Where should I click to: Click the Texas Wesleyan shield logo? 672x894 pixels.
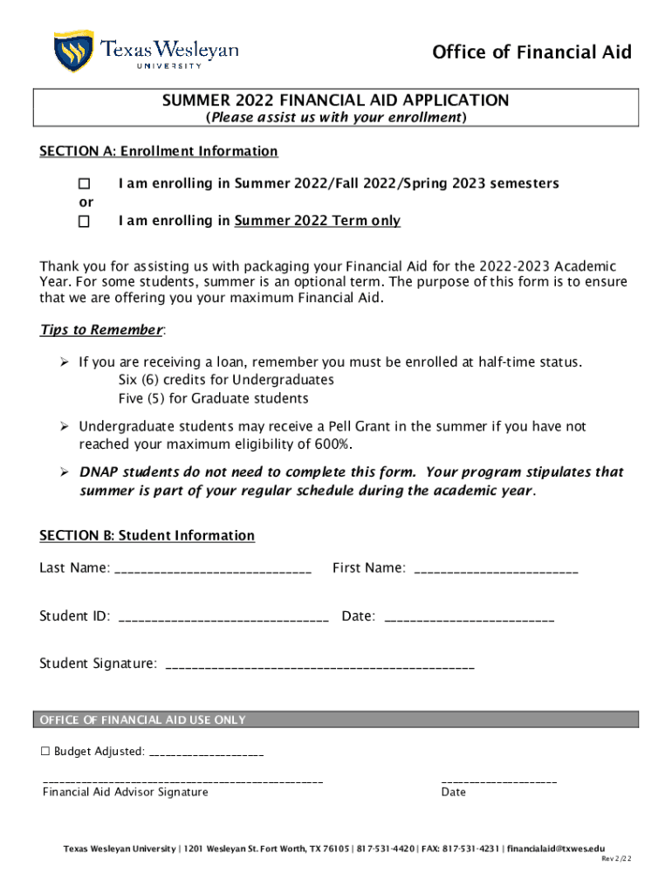[x=73, y=51]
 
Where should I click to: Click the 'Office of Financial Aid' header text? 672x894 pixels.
[x=531, y=53]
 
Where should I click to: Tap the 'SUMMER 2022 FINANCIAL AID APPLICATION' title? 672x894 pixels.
[x=335, y=101]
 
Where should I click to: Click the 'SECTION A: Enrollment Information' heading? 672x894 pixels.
[x=158, y=152]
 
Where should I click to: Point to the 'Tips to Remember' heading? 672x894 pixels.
[x=101, y=330]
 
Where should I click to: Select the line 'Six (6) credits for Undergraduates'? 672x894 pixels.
[x=226, y=381]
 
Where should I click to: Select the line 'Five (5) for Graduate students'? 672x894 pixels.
[x=213, y=399]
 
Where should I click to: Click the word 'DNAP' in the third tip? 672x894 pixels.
[x=99, y=472]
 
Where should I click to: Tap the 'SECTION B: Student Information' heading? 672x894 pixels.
[x=147, y=536]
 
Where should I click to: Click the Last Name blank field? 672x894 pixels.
[x=212, y=570]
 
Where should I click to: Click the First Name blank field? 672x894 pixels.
[x=495, y=570]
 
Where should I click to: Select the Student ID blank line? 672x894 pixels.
[x=223, y=618]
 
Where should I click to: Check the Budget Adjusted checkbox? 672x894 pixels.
[x=46, y=752]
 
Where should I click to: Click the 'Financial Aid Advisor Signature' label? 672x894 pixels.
[x=125, y=793]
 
